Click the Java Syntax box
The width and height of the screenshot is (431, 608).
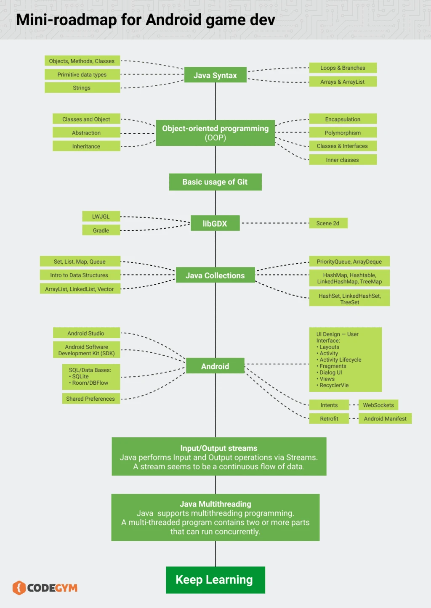[215, 75]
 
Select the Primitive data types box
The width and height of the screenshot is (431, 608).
[82, 74]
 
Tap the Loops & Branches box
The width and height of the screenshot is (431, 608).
[343, 68]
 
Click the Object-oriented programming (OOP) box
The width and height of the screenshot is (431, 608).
[215, 133]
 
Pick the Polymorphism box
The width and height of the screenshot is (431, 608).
[343, 133]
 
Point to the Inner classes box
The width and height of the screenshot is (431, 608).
[343, 160]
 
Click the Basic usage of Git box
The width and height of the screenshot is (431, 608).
[215, 182]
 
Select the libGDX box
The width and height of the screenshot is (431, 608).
[215, 223]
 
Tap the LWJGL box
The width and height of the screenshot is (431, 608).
[101, 217]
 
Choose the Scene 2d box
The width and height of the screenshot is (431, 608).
[328, 223]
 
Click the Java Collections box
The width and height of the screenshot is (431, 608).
[215, 275]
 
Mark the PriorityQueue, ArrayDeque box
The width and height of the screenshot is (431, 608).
[349, 262]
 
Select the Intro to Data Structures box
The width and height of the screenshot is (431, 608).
[80, 275]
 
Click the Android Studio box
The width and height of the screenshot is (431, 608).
[86, 333]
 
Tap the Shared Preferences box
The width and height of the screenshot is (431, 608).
[90, 399]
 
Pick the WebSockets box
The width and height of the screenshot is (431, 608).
[378, 405]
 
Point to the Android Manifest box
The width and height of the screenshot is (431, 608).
[385, 418]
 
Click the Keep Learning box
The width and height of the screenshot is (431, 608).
[215, 580]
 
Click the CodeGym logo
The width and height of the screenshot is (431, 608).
[45, 587]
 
